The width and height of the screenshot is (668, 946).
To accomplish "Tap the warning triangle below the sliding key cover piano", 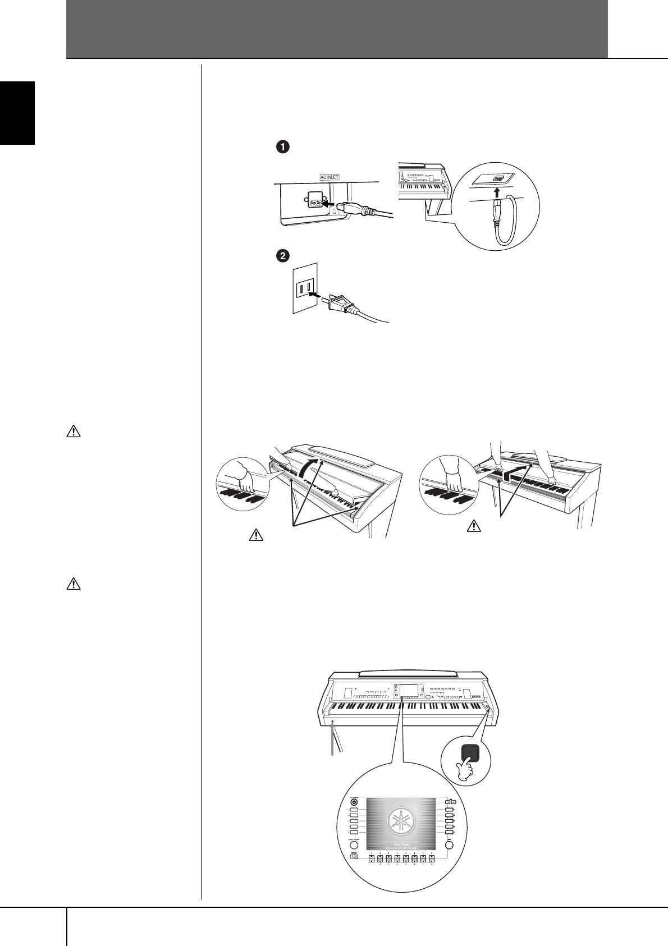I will point(474,526).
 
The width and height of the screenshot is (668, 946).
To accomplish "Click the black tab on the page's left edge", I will point(17,113).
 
